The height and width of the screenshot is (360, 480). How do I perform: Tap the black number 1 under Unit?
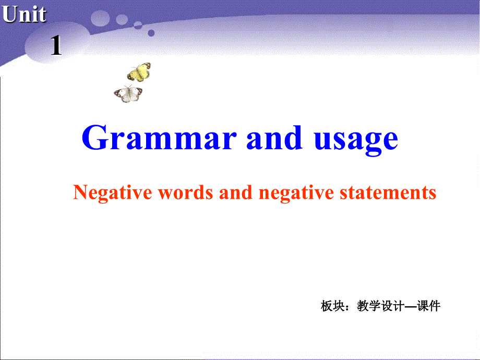click(56, 46)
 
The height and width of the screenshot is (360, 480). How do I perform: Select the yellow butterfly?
click(139, 72)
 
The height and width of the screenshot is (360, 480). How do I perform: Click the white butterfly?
click(128, 94)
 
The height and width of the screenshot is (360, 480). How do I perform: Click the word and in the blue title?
click(274, 139)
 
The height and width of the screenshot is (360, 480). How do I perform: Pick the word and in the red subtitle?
click(236, 193)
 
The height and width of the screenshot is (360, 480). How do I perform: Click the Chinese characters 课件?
click(428, 306)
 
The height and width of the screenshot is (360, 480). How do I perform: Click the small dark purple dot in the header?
click(151, 32)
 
